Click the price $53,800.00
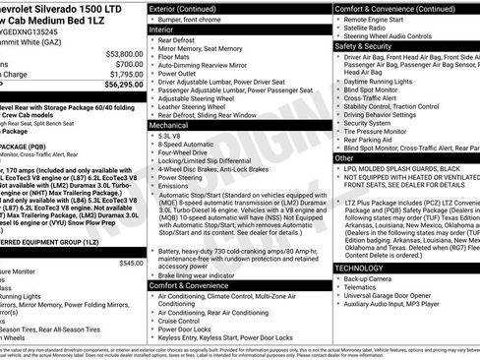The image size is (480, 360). tap(118, 53)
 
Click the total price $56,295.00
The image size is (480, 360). tap(116, 85)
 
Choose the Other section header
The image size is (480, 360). tap(344, 157)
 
